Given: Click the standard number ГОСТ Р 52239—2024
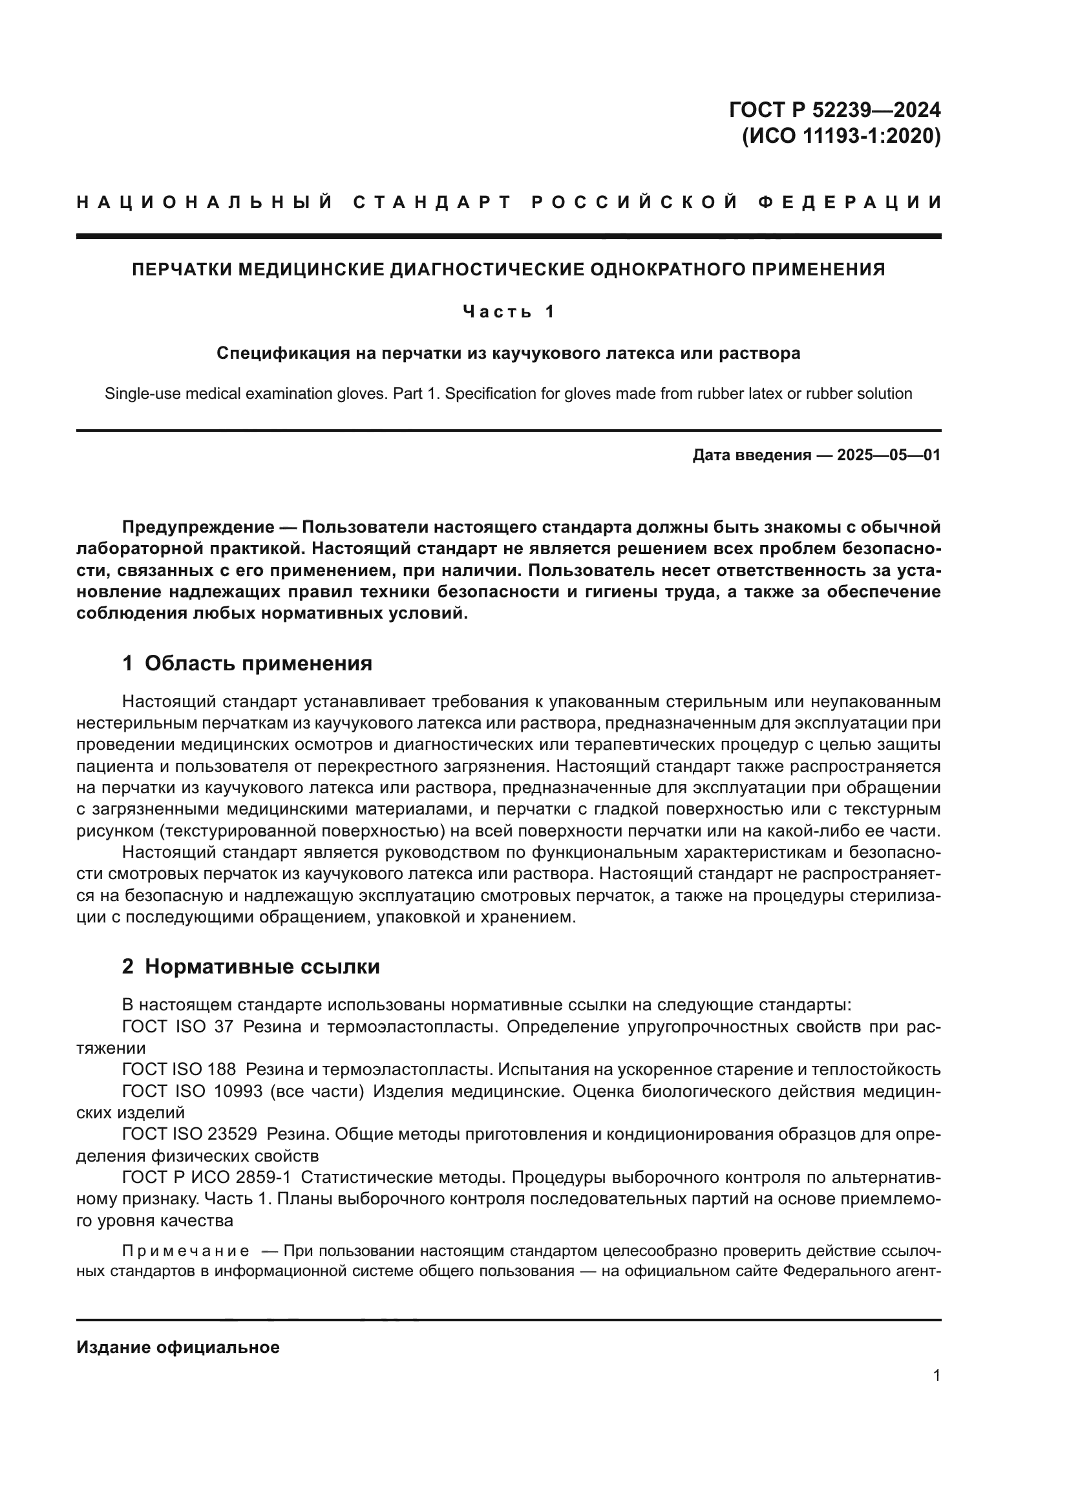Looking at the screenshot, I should point(834,109).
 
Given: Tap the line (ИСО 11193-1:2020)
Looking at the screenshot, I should point(841,136).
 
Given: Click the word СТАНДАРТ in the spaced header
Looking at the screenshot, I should point(432,202).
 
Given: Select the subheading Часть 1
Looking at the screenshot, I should point(508,312).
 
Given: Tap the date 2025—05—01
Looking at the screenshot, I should point(889,455).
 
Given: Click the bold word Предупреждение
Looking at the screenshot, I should point(198,527).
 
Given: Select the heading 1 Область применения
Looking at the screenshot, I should point(247,663).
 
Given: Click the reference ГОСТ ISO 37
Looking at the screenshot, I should point(178,1027).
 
